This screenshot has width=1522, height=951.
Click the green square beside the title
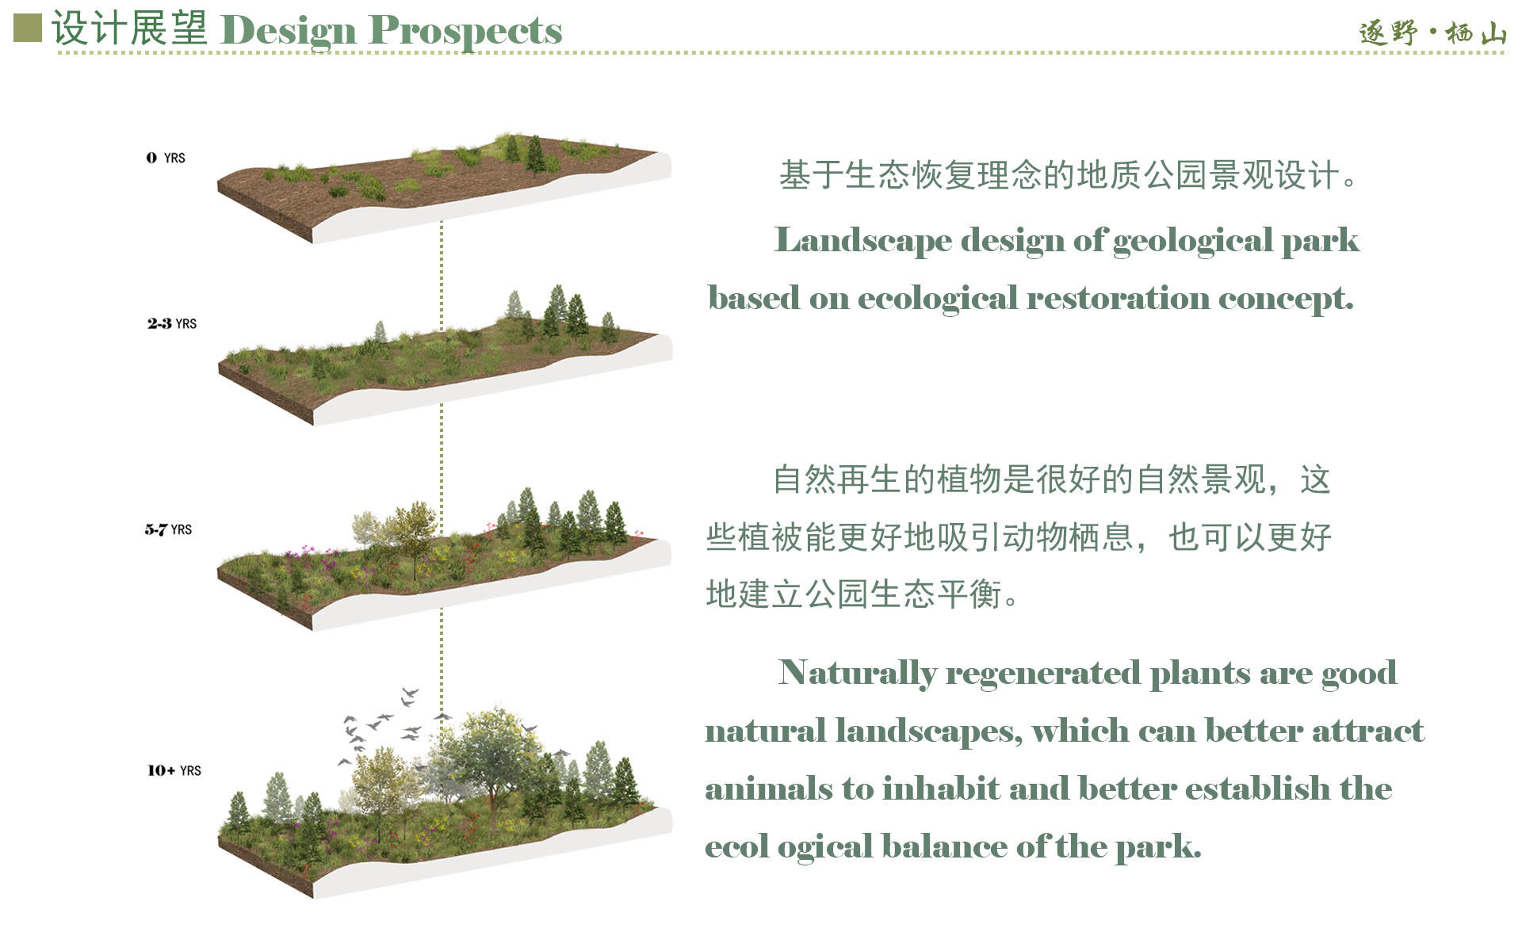tap(28, 28)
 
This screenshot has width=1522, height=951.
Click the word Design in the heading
tap(289, 32)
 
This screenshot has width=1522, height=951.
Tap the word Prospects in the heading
tap(465, 32)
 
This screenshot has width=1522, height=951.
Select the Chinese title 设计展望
tap(130, 29)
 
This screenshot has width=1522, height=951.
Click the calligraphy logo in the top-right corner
tap(1432, 32)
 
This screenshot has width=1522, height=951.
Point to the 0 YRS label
tap(166, 158)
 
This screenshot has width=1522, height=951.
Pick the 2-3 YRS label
tap(172, 323)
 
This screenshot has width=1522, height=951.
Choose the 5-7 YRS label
tap(168, 529)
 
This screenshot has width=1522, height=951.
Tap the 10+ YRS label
tap(174, 770)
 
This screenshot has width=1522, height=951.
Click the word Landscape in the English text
tap(862, 241)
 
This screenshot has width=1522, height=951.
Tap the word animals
tap(769, 789)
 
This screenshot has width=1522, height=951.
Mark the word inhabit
tap(941, 789)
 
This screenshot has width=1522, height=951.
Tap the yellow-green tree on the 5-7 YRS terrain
tap(411, 535)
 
